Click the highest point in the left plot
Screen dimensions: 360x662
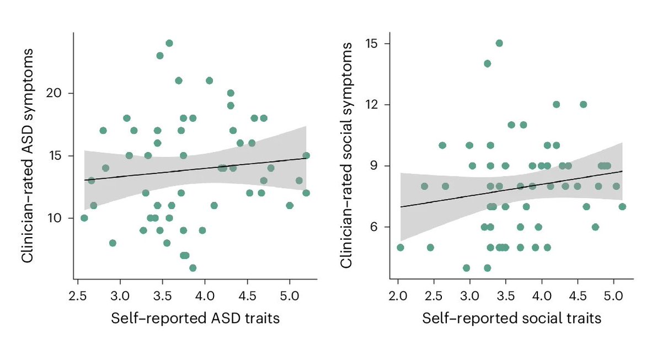pos(169,43)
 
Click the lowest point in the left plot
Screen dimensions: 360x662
pos(193,268)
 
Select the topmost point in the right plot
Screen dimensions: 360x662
pos(499,43)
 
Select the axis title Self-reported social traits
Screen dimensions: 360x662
pos(511,318)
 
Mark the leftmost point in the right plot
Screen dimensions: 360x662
pos(401,248)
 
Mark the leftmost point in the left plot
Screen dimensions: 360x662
pos(84,218)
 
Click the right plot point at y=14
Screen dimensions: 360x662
pos(487,63)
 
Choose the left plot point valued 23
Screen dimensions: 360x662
pos(160,56)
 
